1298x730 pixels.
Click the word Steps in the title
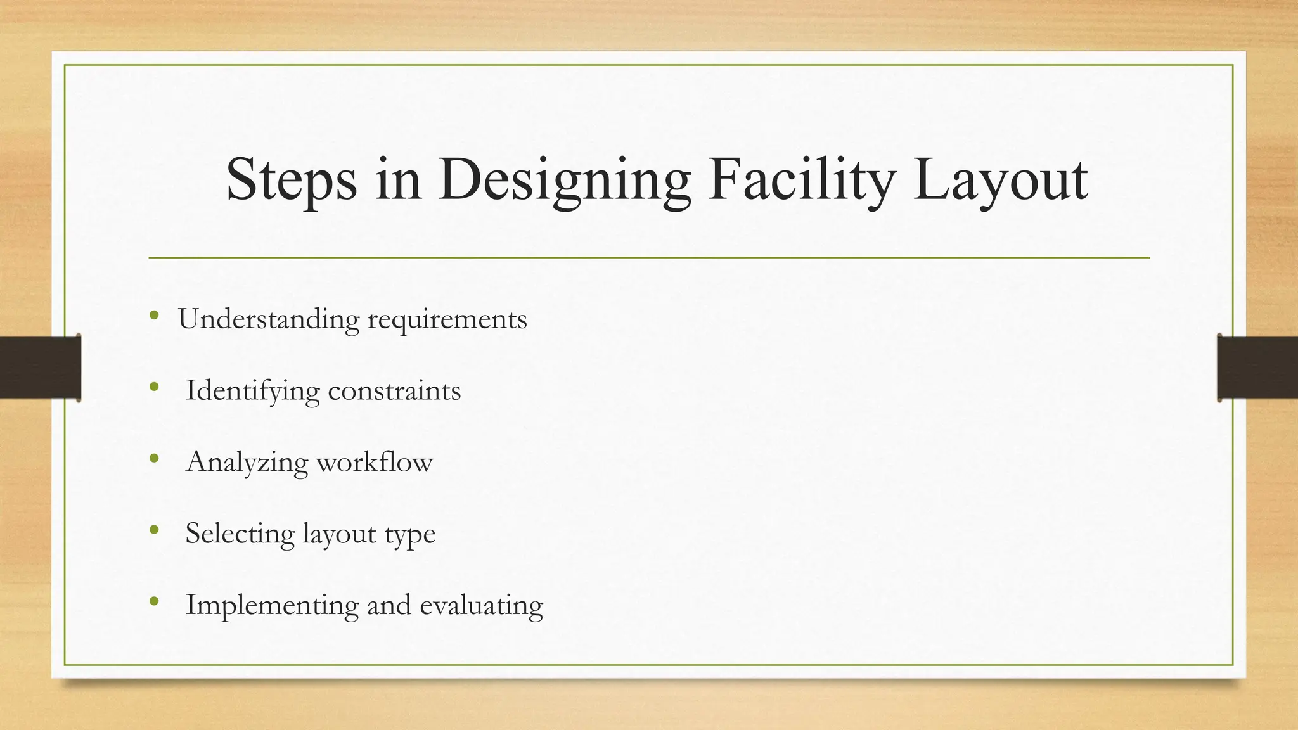coord(291,181)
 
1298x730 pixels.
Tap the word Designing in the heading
coord(564,181)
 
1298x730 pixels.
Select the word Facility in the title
coord(801,181)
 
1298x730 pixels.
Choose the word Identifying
coord(252,391)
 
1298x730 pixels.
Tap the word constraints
coord(394,390)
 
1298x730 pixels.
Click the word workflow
coord(375,462)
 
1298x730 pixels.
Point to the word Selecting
coord(240,534)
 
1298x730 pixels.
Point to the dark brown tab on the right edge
coord(1257,368)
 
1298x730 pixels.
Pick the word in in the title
coord(398,181)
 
